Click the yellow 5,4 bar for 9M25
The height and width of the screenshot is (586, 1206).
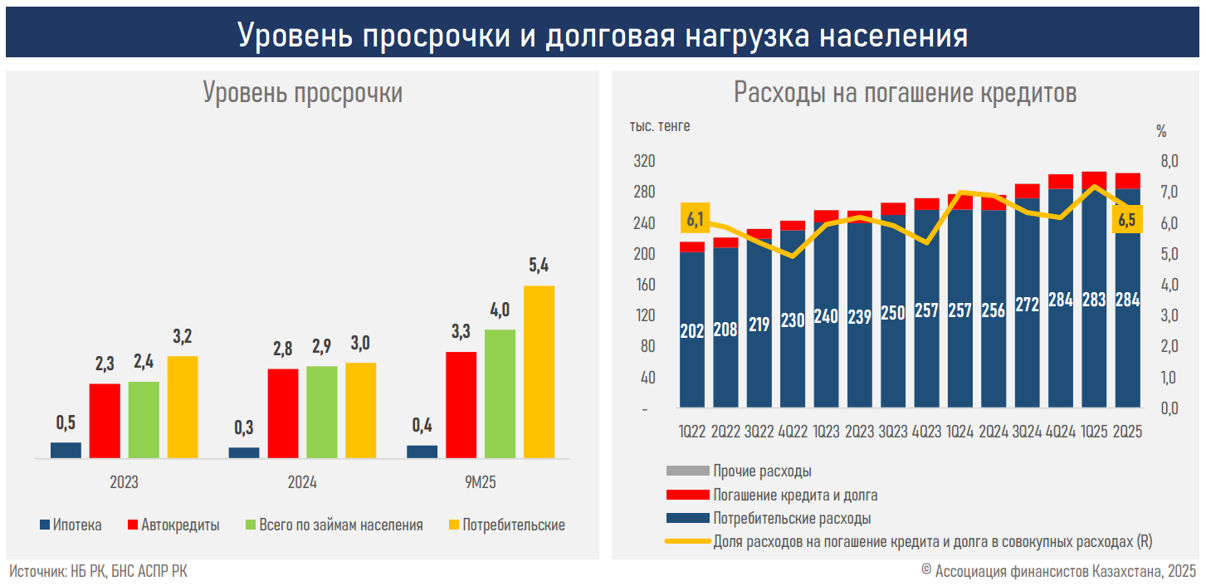point(539,371)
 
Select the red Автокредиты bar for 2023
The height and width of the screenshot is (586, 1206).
point(105,420)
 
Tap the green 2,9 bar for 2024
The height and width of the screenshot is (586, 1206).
point(321,412)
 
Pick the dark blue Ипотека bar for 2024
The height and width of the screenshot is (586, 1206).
point(244,452)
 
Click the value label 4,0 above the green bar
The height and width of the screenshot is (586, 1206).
point(500,310)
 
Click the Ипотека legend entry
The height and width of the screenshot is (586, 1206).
point(71,525)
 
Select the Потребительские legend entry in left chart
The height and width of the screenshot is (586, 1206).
point(506,525)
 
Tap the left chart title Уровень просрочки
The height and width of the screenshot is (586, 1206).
point(303,92)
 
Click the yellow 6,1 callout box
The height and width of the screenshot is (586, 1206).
point(695,220)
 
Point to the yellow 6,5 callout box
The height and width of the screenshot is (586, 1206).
point(1126,220)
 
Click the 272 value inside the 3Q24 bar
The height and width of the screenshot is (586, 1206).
point(1027,305)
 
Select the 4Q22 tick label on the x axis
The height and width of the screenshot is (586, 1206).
point(793,432)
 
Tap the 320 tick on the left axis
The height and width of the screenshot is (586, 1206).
point(644,161)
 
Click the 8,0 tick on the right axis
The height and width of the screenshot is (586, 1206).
point(1169,161)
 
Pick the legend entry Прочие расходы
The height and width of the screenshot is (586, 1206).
point(761,471)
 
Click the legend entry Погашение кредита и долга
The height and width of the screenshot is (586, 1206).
point(794,495)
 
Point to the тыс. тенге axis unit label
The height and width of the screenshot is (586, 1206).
point(659,126)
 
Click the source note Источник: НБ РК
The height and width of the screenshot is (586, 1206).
point(98,571)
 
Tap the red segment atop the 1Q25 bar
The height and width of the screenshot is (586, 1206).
point(1094,180)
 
